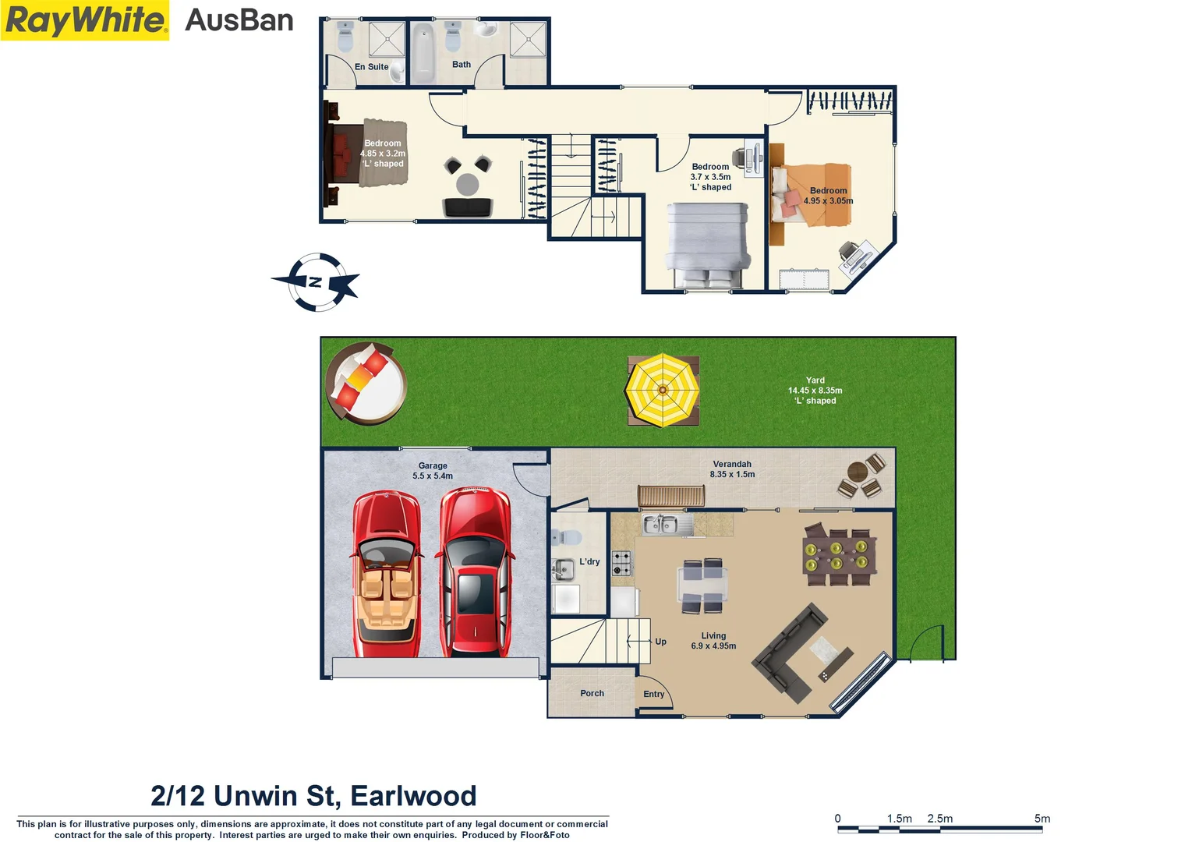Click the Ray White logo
tap(85, 20)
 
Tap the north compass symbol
tap(317, 281)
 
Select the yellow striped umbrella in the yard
tap(662, 390)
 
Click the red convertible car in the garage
tap(386, 575)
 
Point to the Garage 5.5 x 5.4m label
tap(433, 471)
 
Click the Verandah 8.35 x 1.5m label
tap(732, 469)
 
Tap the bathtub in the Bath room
tap(422, 53)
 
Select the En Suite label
tap(371, 67)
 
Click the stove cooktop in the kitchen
tap(621, 563)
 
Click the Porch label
tap(592, 693)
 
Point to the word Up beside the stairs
tap(660, 642)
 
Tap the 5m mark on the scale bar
tap(1042, 819)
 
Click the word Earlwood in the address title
tap(413, 796)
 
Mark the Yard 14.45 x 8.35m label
tap(815, 391)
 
